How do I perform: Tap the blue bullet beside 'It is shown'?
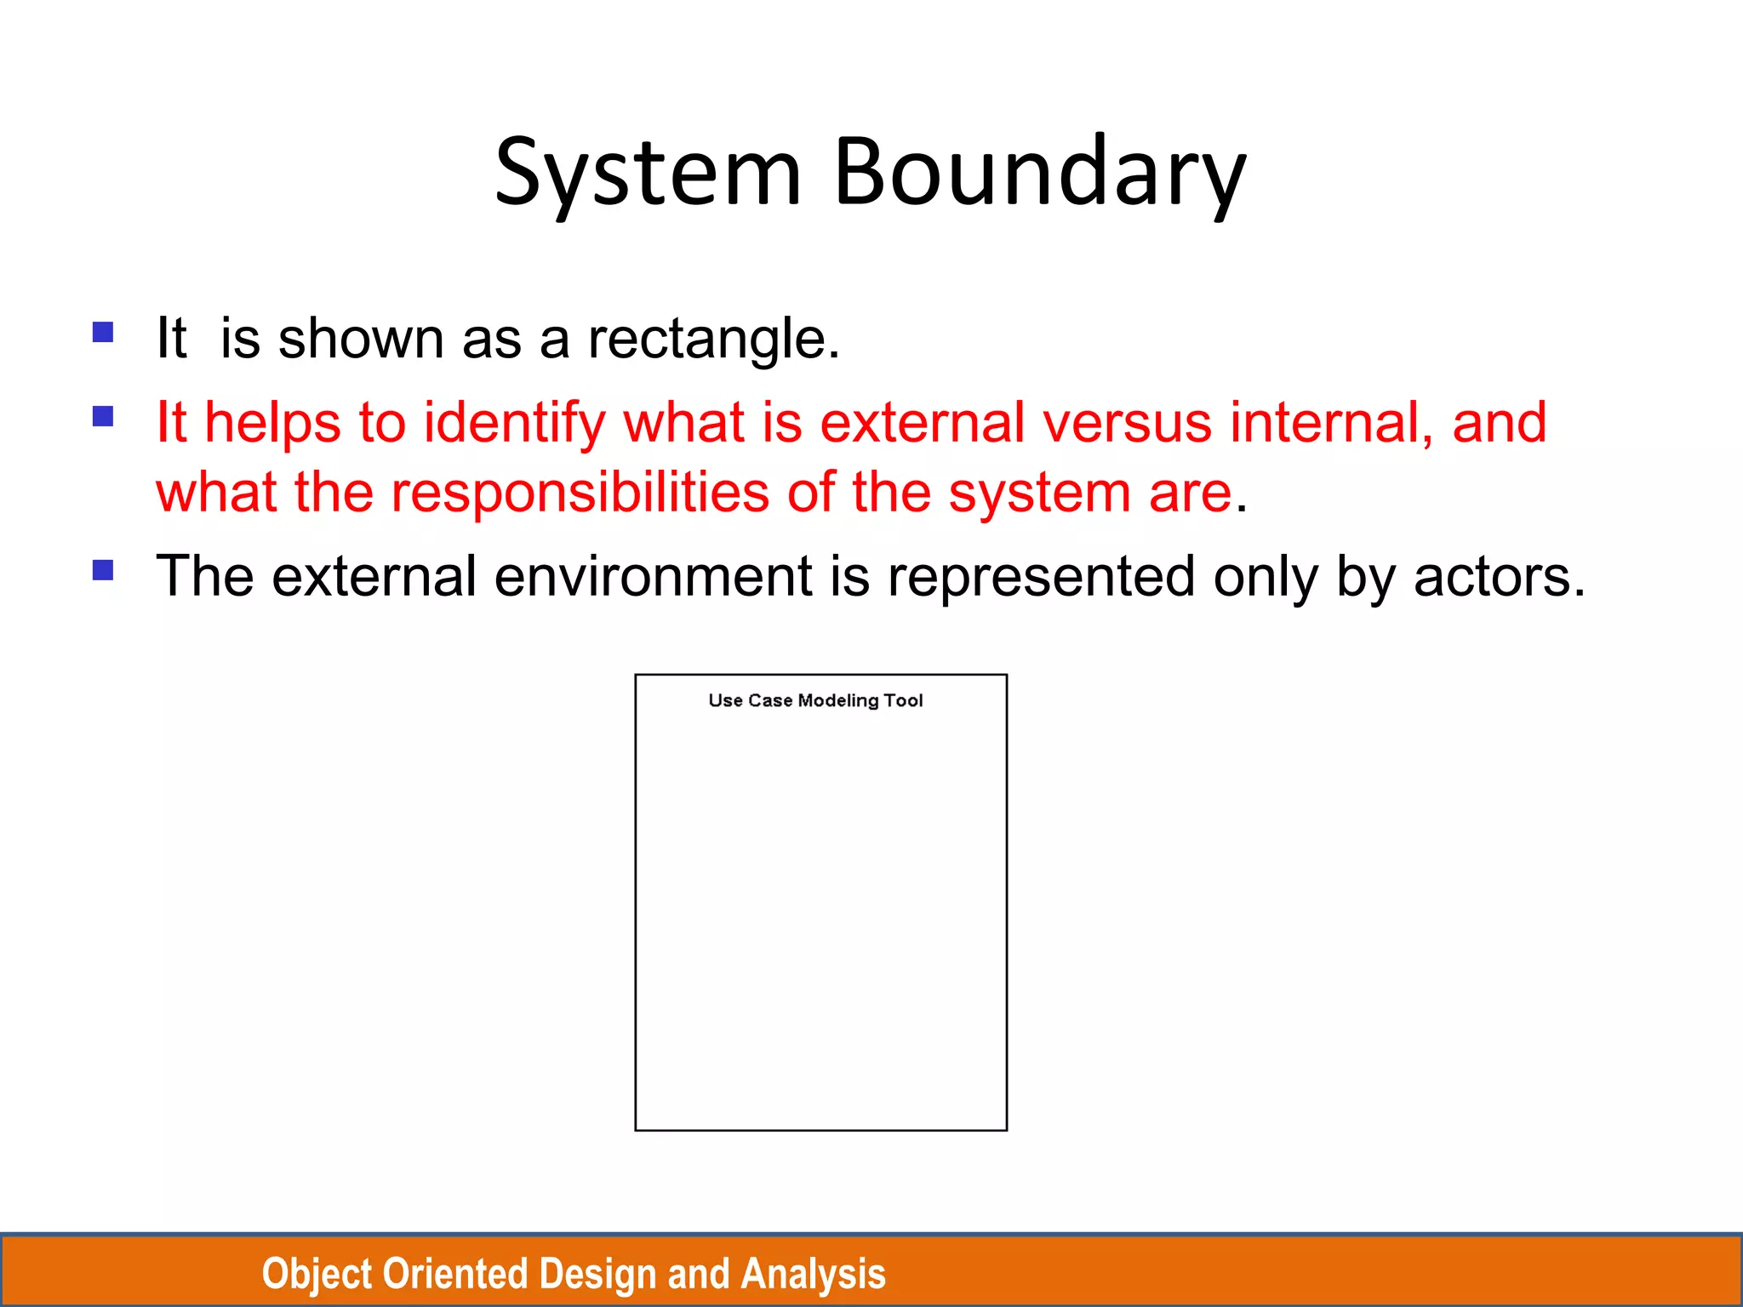(x=103, y=332)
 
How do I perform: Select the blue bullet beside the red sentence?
(x=103, y=416)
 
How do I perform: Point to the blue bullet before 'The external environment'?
(x=103, y=569)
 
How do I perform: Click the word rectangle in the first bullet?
(x=713, y=339)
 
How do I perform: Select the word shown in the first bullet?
(x=361, y=339)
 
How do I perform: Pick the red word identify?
(x=514, y=423)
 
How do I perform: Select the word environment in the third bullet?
(x=653, y=576)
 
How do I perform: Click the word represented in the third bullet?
(x=1041, y=576)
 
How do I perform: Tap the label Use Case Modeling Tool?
(x=815, y=700)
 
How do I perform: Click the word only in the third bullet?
(x=1266, y=576)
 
